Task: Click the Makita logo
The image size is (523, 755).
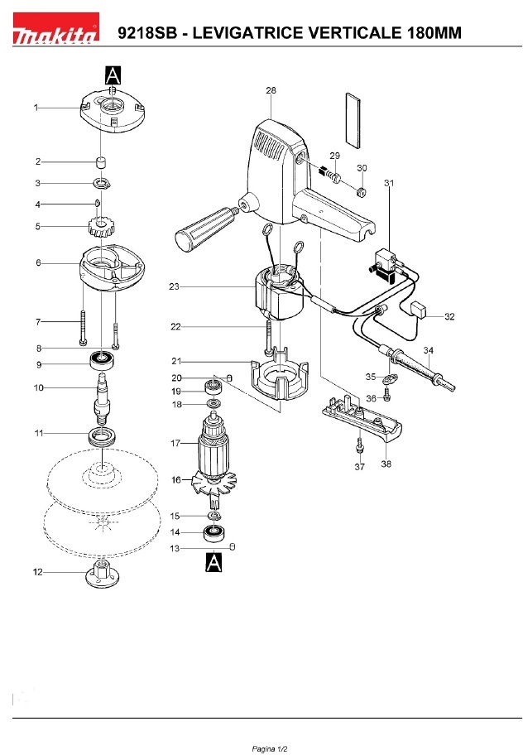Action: (55, 29)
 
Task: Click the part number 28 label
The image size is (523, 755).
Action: (271, 90)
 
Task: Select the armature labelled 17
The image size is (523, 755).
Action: (214, 442)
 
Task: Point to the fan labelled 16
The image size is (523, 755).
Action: (214, 484)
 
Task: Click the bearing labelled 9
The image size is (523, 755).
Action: (102, 361)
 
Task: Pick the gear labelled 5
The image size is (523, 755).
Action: (100, 227)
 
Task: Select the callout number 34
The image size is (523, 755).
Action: (428, 350)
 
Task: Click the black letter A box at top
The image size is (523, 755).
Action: (113, 76)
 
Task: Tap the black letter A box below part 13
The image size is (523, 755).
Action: (214, 562)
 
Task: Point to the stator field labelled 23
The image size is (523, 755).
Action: (278, 296)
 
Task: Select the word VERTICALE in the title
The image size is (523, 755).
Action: (355, 32)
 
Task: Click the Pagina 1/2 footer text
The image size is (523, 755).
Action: (270, 748)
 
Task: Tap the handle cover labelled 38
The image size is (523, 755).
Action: (362, 420)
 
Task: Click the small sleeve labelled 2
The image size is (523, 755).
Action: (101, 161)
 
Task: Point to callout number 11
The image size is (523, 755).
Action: (39, 433)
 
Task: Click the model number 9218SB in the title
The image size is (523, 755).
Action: (147, 32)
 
